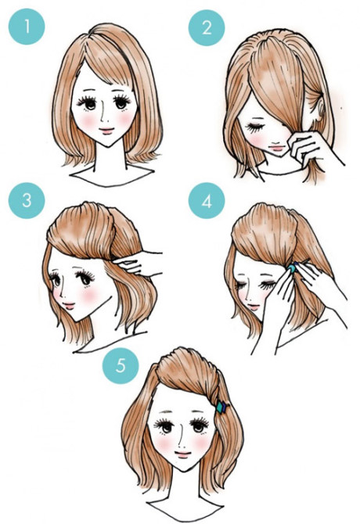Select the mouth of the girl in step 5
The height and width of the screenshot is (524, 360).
coord(182,454)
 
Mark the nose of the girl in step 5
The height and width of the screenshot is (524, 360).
coord(182,441)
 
